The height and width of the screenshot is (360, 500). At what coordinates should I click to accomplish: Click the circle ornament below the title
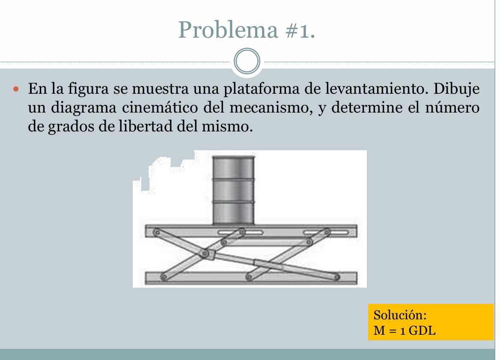pos(247,62)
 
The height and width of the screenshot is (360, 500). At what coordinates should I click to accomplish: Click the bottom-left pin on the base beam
pos(163,277)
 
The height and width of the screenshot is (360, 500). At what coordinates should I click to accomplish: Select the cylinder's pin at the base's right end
pos(336,278)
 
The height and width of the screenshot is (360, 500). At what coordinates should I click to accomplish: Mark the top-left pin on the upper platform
pos(157,232)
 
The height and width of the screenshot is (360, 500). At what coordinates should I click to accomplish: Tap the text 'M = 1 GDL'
pos(405,330)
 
